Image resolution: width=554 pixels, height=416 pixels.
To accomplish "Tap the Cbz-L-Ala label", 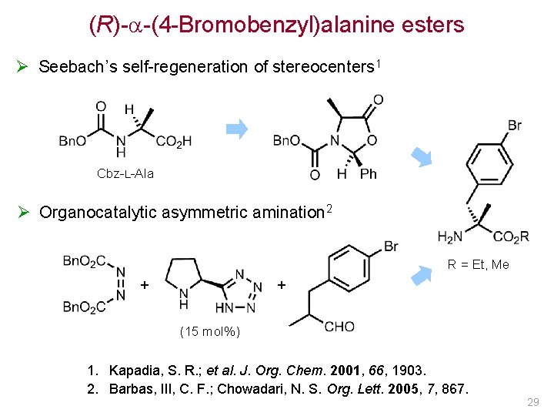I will tap(125, 173).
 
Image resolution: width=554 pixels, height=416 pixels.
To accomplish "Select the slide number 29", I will tap(533, 403).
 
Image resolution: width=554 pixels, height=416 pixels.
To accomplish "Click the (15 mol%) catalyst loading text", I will tap(210, 332).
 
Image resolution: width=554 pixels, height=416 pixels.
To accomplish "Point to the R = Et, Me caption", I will tap(479, 264).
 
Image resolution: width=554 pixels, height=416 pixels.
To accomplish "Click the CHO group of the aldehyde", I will tap(339, 327).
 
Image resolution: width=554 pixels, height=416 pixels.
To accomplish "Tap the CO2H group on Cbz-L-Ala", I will tap(173, 141).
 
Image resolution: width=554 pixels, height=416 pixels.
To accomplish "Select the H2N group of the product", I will tap(450, 237).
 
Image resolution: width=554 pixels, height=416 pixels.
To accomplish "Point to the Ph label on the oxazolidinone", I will tap(369, 174).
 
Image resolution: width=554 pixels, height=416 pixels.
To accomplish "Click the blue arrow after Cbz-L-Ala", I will tap(240, 129).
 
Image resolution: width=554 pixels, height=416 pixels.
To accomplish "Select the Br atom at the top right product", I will tap(515, 125).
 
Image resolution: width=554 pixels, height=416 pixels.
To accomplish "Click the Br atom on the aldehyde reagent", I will tap(390, 247).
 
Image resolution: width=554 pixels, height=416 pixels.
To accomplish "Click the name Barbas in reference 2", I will tap(132, 388).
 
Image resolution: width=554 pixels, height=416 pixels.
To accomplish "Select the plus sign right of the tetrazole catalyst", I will tap(282, 285).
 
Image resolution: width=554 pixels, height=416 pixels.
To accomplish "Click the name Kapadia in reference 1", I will tap(134, 371).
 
